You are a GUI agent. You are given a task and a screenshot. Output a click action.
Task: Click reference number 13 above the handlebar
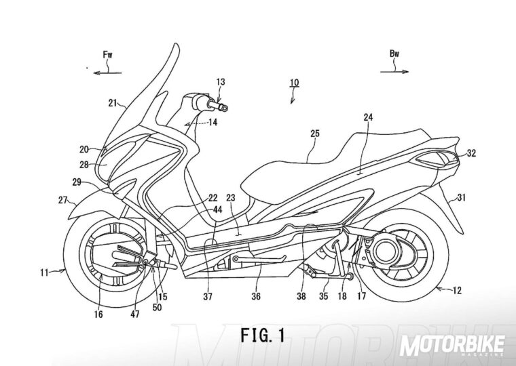(221, 82)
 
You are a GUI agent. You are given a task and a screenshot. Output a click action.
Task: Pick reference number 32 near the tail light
(471, 155)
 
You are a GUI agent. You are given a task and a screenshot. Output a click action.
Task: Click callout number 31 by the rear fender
(460, 198)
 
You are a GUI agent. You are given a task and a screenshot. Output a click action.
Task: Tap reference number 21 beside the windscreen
(112, 103)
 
